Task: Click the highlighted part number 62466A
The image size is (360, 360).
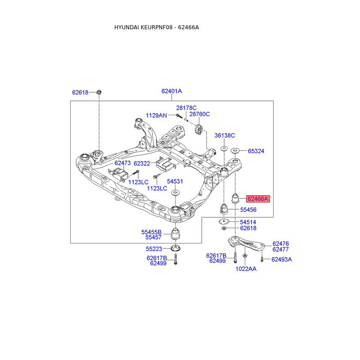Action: tap(257, 198)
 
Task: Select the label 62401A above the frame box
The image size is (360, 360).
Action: tap(171, 91)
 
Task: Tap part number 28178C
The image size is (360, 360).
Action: tap(186, 108)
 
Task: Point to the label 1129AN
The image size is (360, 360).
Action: tap(156, 116)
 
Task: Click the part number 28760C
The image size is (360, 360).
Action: tap(200, 114)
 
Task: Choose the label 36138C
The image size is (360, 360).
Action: tap(225, 135)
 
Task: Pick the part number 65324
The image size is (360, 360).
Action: tap(256, 151)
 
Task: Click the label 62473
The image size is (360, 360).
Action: tap(122, 163)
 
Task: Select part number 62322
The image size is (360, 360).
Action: tap(142, 163)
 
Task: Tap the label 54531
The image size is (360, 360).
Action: tap(175, 181)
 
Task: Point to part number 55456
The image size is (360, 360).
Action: tap(248, 210)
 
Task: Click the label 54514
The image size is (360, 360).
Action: tap(248, 222)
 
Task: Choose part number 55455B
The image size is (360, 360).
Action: tap(151, 232)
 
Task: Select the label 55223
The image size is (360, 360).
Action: tap(154, 248)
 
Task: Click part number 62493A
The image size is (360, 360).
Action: tap(282, 259)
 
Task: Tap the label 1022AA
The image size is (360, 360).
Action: tap(246, 269)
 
